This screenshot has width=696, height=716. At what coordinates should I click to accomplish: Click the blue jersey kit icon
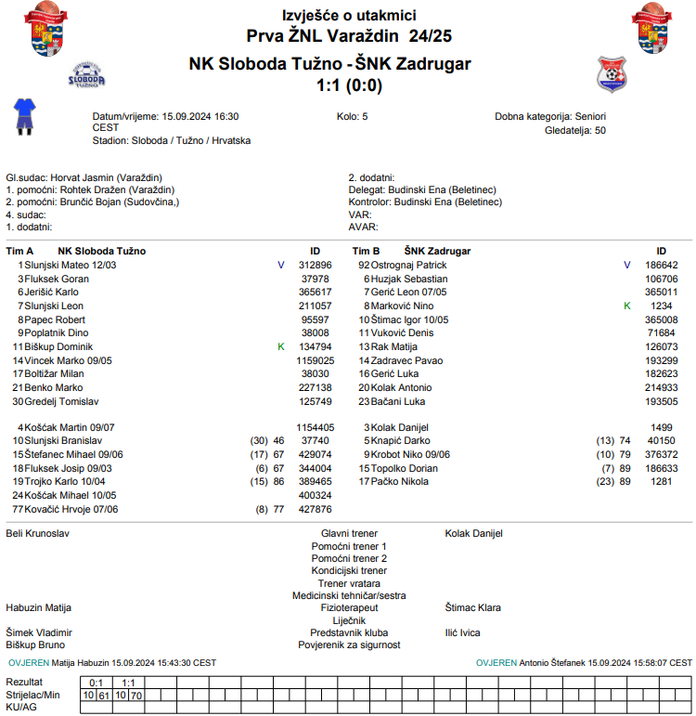click(x=23, y=116)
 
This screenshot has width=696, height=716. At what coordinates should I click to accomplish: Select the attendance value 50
click(x=600, y=130)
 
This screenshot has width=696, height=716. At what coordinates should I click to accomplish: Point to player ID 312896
click(x=315, y=266)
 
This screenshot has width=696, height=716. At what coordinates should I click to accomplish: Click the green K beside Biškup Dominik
click(x=281, y=346)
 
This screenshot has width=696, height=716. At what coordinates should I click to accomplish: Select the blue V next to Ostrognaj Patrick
click(x=627, y=266)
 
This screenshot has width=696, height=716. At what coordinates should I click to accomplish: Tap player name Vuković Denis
click(x=403, y=332)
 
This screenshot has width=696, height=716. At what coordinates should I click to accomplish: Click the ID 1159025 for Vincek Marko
click(x=315, y=359)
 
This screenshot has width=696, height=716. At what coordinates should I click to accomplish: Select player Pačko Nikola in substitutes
click(x=401, y=482)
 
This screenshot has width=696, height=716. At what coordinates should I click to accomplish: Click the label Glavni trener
click(x=349, y=534)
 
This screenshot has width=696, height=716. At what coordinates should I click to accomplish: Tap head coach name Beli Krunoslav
click(x=38, y=534)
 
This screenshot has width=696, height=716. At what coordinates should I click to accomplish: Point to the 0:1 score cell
click(x=95, y=683)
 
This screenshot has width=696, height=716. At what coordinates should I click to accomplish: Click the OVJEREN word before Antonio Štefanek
click(x=496, y=663)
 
